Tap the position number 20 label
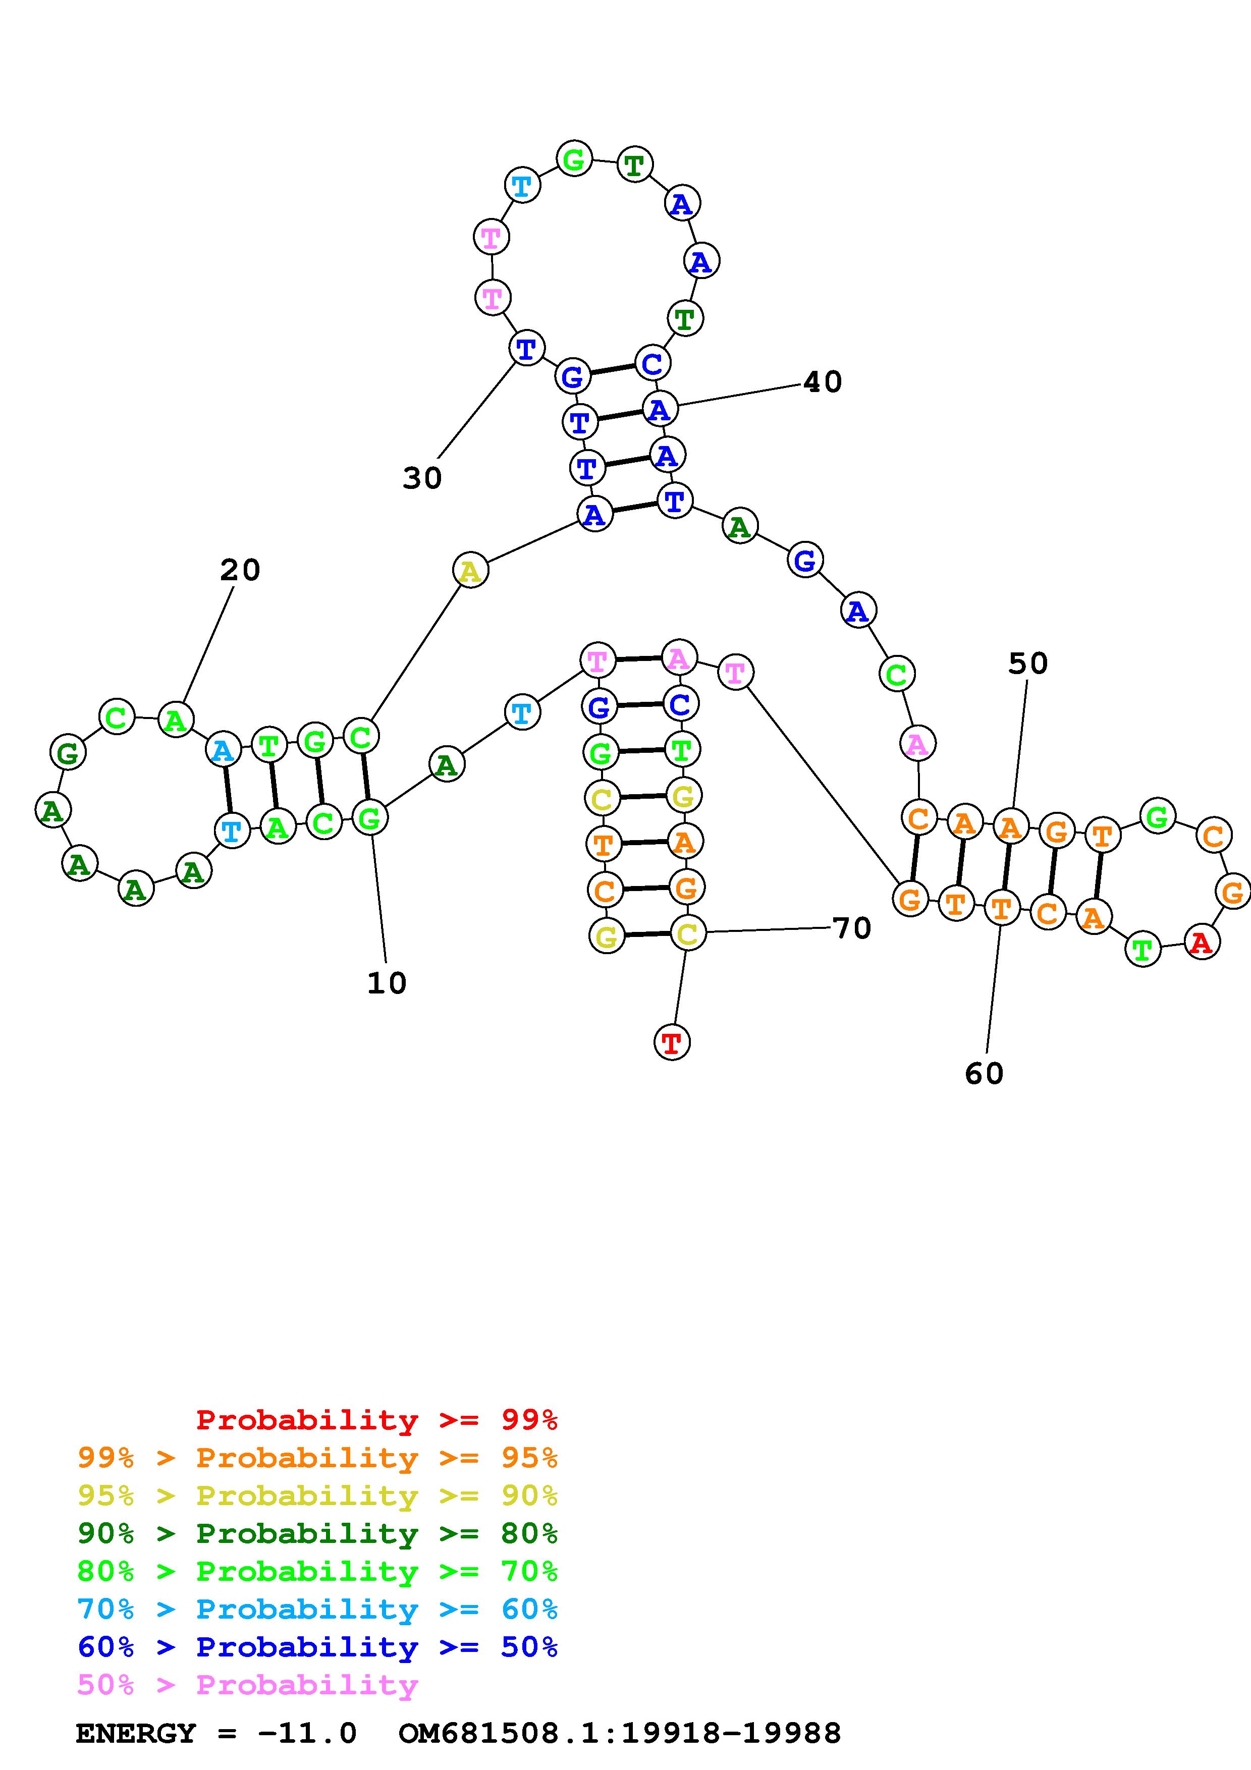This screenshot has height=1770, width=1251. [240, 571]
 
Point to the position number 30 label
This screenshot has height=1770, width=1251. [421, 478]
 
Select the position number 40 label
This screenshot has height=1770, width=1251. [823, 381]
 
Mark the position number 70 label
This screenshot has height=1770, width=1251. [852, 928]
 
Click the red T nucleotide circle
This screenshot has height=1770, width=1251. [671, 1043]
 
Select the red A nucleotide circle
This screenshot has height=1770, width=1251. [1200, 942]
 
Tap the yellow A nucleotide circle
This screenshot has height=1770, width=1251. [470, 571]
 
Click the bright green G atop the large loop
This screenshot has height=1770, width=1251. [574, 159]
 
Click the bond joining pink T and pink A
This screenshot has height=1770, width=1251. [637, 659]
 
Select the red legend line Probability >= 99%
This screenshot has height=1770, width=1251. [376, 1419]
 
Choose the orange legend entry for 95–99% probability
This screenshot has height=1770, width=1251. [317, 1458]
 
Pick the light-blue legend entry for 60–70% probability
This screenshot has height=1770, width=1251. [317, 1609]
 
